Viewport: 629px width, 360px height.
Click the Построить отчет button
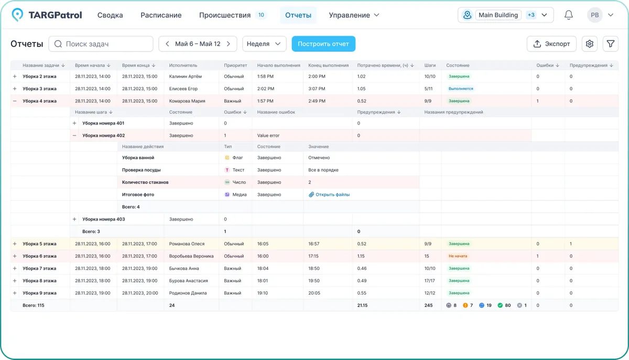[x=323, y=44]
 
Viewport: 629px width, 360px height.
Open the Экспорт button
[x=551, y=44]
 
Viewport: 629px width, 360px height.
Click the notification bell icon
[x=568, y=15]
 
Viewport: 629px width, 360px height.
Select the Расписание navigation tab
[x=161, y=15]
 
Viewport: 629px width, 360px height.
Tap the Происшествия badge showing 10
[x=261, y=15]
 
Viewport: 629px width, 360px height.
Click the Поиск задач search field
[x=101, y=44]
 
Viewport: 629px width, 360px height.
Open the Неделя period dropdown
[x=264, y=44]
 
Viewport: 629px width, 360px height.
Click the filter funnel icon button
[x=611, y=44]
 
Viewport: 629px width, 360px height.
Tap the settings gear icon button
[x=590, y=44]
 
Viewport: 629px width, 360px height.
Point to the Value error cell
[x=268, y=136]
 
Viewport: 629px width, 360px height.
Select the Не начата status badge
[x=458, y=256]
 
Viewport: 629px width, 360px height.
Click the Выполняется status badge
[x=461, y=89]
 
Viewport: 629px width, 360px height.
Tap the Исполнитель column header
[x=183, y=66]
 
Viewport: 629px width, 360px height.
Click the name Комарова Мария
[x=187, y=101]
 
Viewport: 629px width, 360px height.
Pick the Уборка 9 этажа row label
[x=39, y=293]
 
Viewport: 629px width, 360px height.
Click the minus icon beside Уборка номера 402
[x=74, y=136]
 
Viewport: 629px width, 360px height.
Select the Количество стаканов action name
[x=145, y=182]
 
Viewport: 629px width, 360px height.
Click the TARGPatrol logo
[x=47, y=15]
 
